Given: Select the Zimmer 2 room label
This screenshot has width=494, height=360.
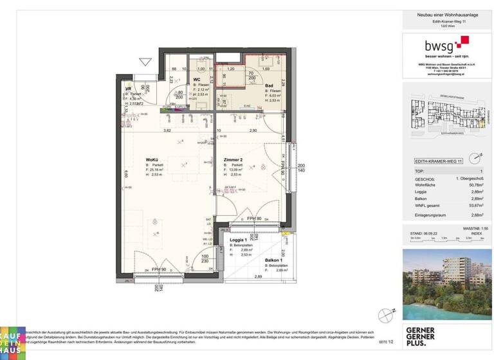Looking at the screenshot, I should tap(232, 160).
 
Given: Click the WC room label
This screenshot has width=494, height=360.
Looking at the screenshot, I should tap(197, 80).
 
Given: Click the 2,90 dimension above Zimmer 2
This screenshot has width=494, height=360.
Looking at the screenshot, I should tap(253, 130).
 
